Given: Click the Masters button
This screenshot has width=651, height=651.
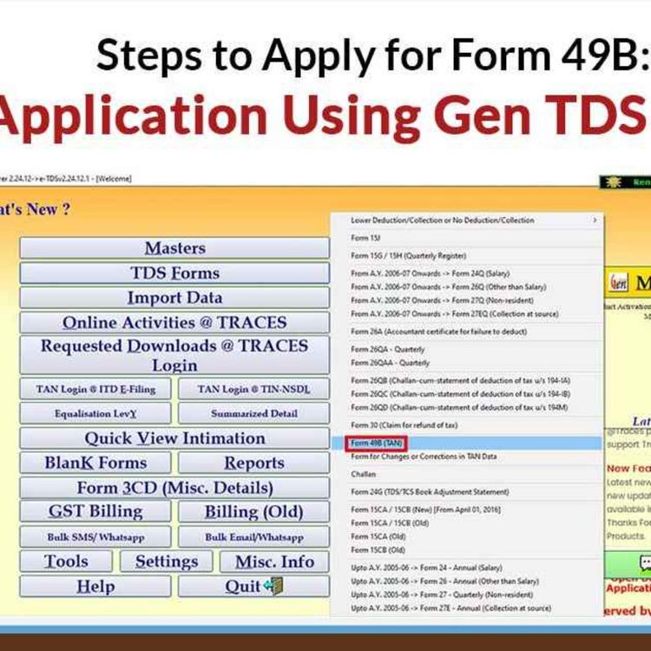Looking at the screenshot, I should tap(174, 248).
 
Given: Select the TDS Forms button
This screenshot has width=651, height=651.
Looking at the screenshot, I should tap(174, 273).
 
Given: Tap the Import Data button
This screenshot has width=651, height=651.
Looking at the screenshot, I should tap(174, 298).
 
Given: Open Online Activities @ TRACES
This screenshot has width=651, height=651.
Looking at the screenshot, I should tap(174, 322).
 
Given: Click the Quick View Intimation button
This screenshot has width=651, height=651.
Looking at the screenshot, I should tap(174, 438).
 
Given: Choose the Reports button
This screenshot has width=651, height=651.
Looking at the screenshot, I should tap(253, 463).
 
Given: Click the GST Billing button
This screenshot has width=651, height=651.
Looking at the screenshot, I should tap(95, 511).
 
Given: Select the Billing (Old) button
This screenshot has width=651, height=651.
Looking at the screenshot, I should tap(253, 511).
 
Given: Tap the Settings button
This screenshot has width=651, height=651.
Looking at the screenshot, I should tap(167, 562).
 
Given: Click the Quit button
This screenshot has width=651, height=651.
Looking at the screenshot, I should tap(253, 587).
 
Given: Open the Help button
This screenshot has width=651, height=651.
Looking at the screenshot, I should tap(95, 587).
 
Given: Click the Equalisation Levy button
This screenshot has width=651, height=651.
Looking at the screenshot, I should tap(95, 414).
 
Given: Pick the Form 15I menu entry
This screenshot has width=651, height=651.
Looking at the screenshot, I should tap(365, 237).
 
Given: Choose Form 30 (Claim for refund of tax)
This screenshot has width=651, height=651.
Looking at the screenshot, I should tap(403, 425).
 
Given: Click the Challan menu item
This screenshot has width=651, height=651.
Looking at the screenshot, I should tap(364, 475).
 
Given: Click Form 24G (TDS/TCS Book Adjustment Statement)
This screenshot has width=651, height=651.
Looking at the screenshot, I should tap(430, 492).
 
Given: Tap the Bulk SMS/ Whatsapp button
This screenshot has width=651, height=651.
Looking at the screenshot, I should tap(95, 537).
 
